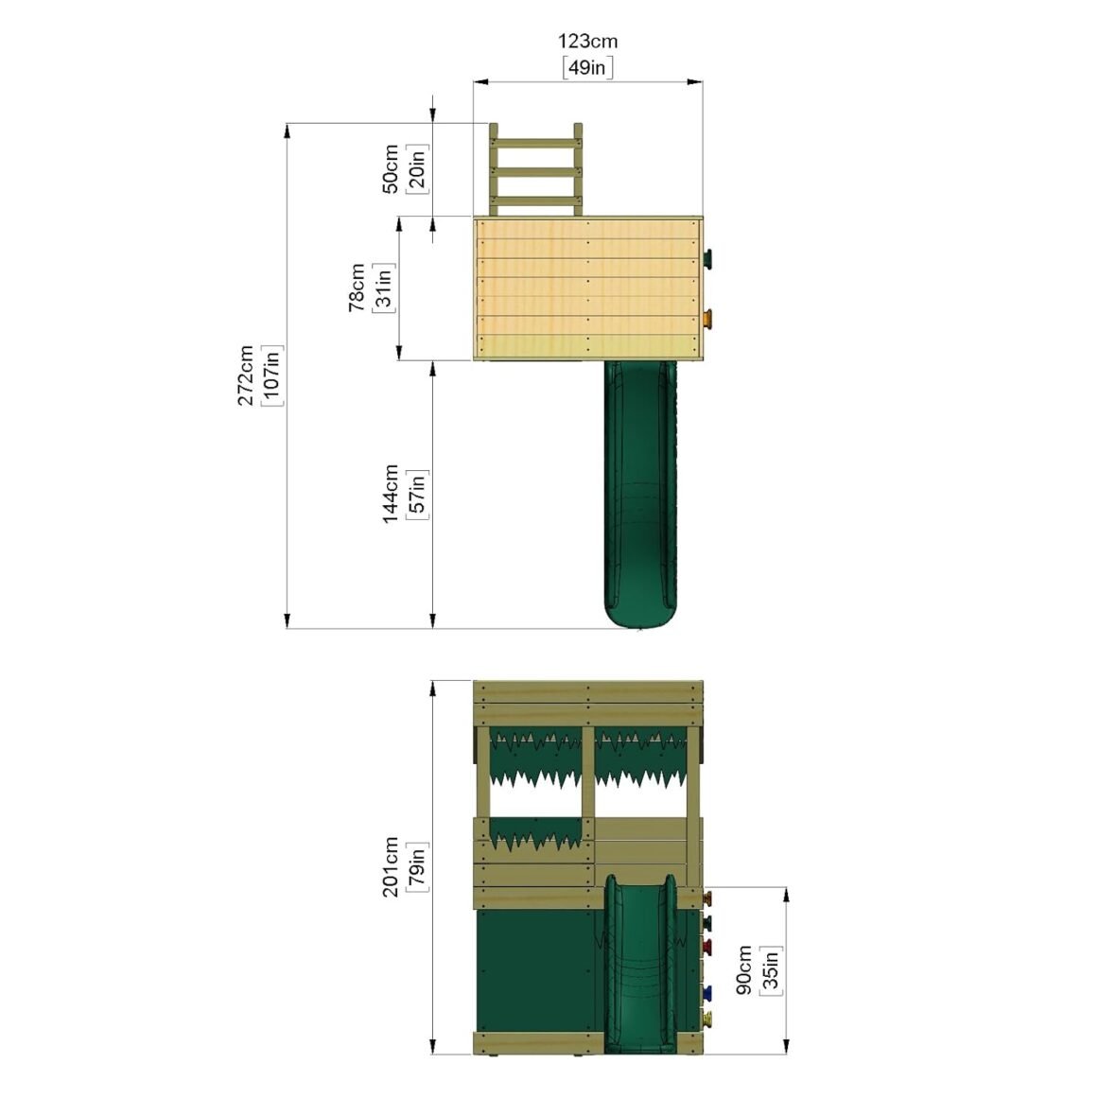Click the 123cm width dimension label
pos(587,42)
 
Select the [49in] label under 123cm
pos(587,67)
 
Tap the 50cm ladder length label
pos(390,169)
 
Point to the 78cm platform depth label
pos(357,288)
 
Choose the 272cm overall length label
pos(245,375)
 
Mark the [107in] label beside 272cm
pos(272,375)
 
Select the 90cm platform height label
pos(744,969)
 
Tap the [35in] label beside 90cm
pos(771,969)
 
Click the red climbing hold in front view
pos(707,946)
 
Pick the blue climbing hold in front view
pos(707,992)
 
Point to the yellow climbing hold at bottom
pos(707,1018)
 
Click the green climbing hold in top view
pos(710,258)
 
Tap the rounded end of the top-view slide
pos(641,617)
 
